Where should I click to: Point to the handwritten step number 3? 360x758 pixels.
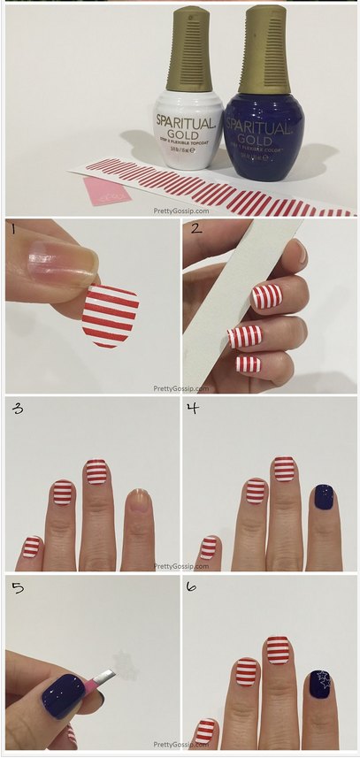[x=18, y=410]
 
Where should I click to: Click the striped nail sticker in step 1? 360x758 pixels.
[x=111, y=314]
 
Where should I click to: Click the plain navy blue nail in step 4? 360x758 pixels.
[x=321, y=500]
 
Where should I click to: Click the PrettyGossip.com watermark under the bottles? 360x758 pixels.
[x=180, y=210]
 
